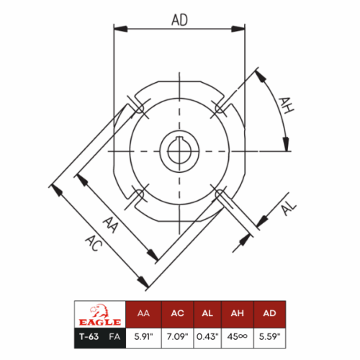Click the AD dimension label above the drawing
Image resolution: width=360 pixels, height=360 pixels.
click(x=179, y=20)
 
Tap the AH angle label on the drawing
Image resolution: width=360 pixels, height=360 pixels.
click(x=286, y=105)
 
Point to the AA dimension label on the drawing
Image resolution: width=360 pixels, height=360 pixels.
click(x=111, y=225)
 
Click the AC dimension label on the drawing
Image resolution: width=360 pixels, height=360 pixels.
click(x=94, y=243)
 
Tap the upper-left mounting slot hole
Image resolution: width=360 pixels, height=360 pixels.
click(x=138, y=108)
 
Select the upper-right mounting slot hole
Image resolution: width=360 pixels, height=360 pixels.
click(x=221, y=108)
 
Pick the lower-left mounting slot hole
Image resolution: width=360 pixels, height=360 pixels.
click(x=138, y=195)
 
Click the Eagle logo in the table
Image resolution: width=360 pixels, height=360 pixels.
click(x=100, y=315)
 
